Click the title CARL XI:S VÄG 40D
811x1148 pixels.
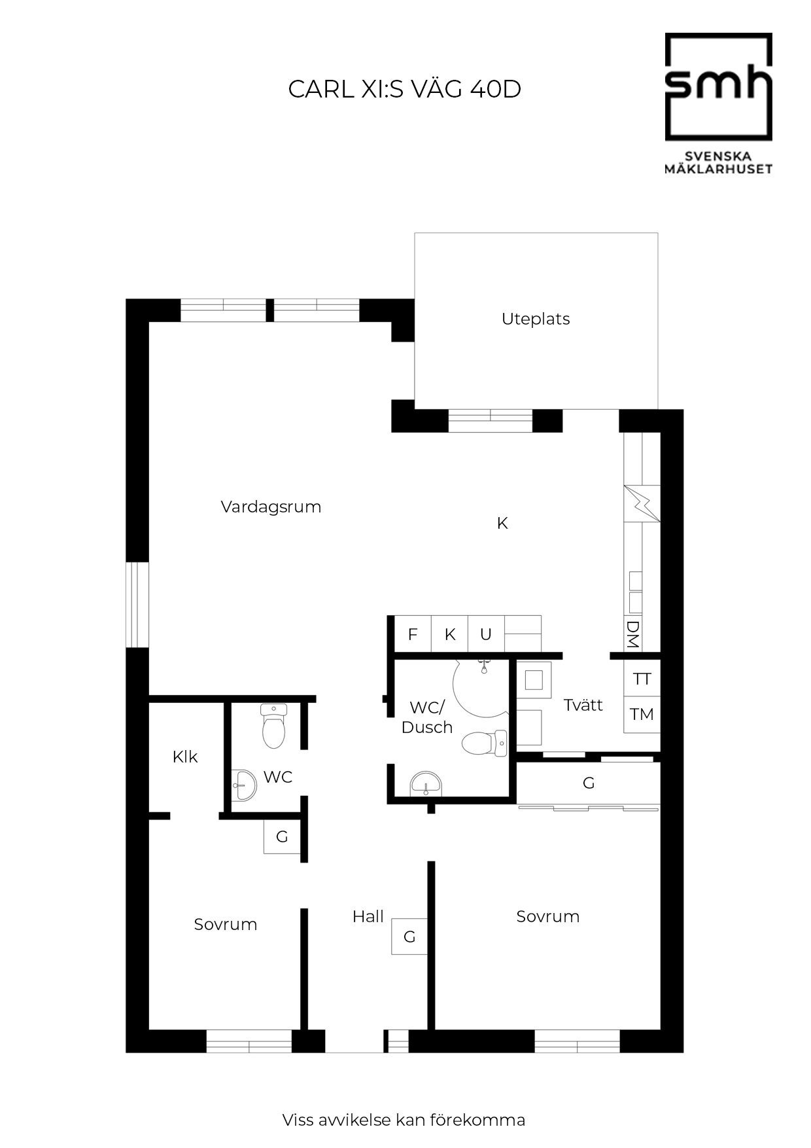(404, 89)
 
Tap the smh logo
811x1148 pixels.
(718, 103)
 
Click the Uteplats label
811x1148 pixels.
(536, 319)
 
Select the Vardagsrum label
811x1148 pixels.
(271, 507)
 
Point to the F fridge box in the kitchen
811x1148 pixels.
(413, 634)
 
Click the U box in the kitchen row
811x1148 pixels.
(486, 634)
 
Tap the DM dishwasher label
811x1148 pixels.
(632, 634)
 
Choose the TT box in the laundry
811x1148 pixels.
(642, 679)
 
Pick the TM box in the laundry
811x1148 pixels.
(642, 714)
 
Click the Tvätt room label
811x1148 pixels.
(583, 705)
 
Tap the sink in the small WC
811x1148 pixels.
(244, 784)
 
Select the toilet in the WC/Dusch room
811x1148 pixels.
(484, 744)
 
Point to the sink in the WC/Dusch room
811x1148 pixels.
(426, 783)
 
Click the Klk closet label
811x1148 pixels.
(185, 757)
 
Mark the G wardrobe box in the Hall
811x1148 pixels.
(409, 937)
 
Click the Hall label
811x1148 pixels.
(368, 916)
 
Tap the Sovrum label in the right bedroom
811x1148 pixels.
(548, 916)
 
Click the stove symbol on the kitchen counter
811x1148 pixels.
(642, 503)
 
